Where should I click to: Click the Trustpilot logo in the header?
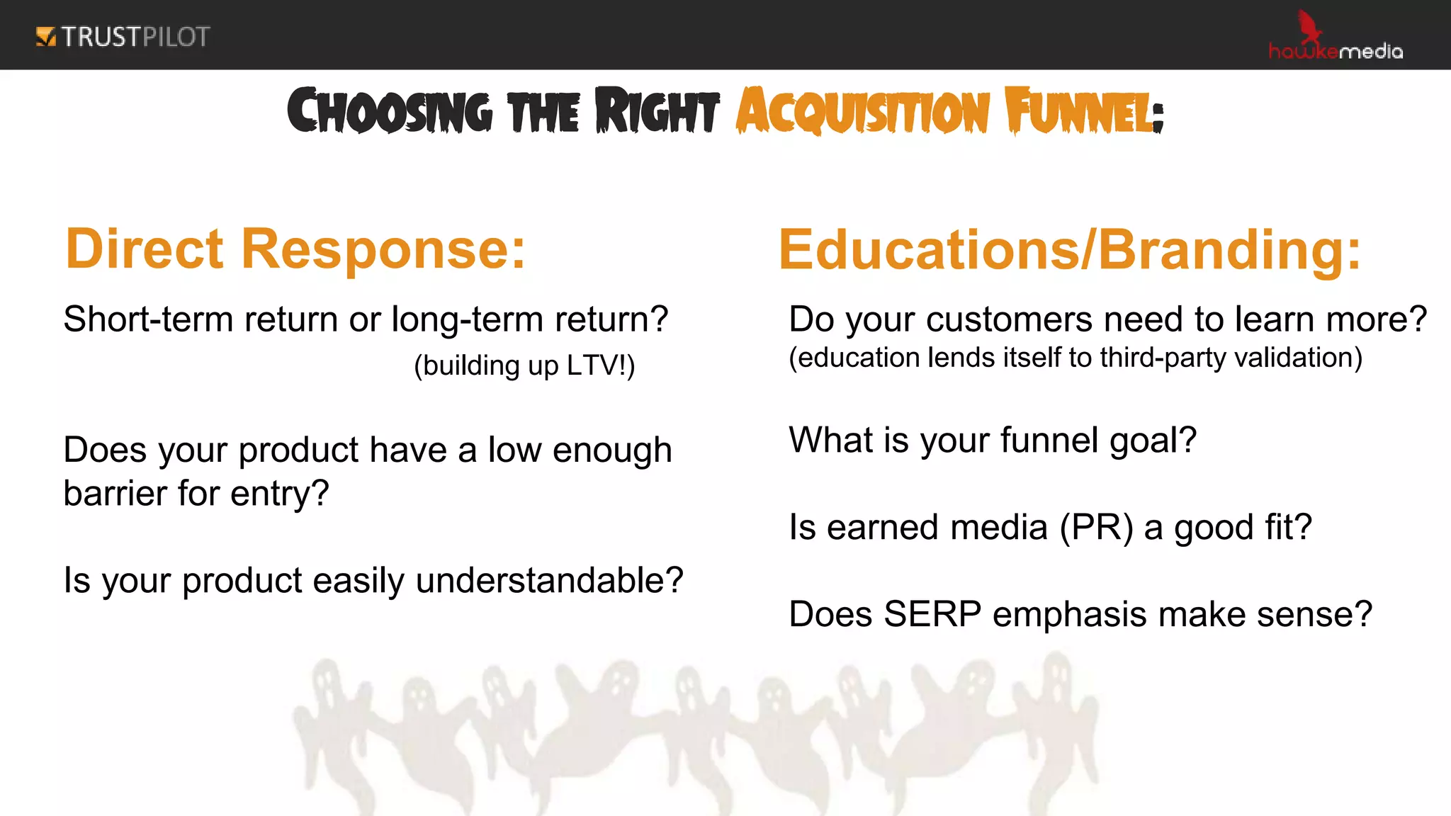click(x=123, y=37)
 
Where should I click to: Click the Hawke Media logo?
click(x=1335, y=39)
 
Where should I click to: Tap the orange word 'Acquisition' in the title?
click(x=862, y=112)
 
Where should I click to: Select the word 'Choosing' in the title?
click(x=389, y=112)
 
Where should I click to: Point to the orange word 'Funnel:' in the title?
click(x=1083, y=112)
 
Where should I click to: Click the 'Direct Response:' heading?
click(x=295, y=249)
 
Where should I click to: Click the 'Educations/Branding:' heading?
click(x=1069, y=250)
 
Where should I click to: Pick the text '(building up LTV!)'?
click(x=524, y=365)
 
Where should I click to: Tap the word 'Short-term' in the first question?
click(x=148, y=319)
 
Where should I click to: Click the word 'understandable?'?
click(x=549, y=581)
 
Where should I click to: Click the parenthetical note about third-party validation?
click(x=1075, y=358)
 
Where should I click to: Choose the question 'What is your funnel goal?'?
click(x=992, y=440)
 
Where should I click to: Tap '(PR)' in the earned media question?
click(x=1096, y=528)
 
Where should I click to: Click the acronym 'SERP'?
click(x=932, y=614)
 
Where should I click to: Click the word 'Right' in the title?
click(x=657, y=112)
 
